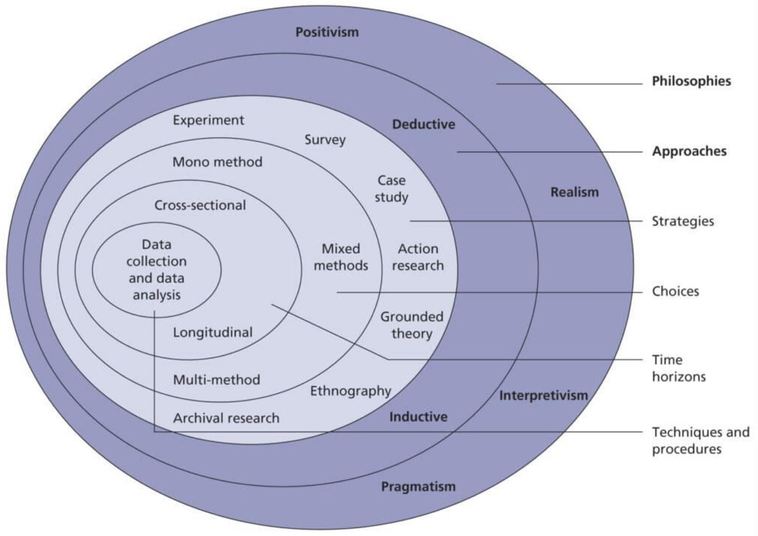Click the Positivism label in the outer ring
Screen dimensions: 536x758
[x=327, y=33]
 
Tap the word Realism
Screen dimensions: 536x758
[x=574, y=192]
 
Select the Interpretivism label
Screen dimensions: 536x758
[x=543, y=395]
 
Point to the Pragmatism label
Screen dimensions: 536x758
[x=418, y=487]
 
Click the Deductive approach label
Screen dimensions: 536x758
[x=423, y=124]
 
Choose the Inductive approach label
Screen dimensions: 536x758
[x=418, y=417]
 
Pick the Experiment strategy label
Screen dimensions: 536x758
[x=208, y=120]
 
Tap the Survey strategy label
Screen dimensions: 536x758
[x=325, y=140]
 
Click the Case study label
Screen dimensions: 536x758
[x=391, y=189]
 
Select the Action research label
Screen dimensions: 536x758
[x=417, y=257]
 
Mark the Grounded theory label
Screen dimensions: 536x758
[x=412, y=325]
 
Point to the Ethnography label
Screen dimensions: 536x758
[x=350, y=391]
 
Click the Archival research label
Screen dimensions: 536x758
[x=226, y=419]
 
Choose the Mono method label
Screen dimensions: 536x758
[x=217, y=162]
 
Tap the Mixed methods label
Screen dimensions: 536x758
[x=341, y=257]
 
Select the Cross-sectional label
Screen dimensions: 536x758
[x=200, y=205]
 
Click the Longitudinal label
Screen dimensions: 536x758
[x=212, y=332]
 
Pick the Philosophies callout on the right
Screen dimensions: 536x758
[x=691, y=81]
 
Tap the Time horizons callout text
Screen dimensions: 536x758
[x=679, y=368]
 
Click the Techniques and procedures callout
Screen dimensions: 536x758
[x=700, y=441]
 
